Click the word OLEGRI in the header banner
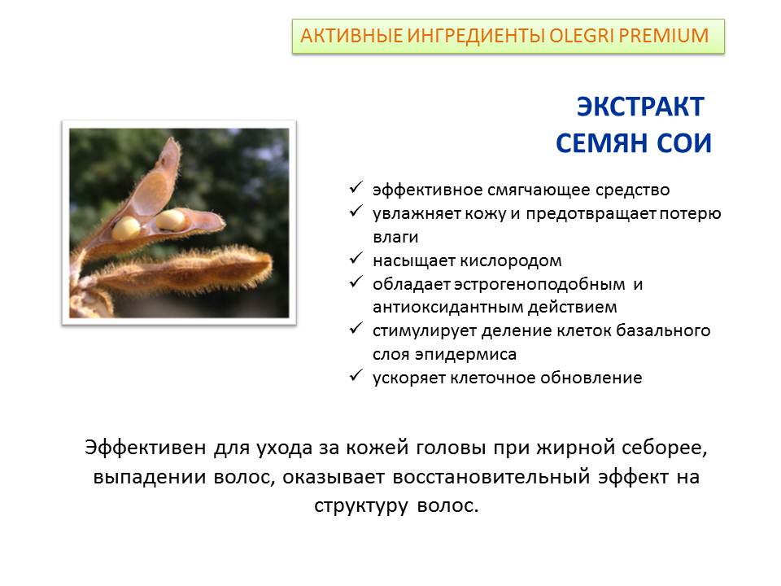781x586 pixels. tap(581, 36)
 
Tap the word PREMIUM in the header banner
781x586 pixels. tap(664, 36)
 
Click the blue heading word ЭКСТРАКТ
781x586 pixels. tap(640, 107)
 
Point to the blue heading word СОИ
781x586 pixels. tap(684, 143)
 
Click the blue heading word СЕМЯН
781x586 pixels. tap(602, 143)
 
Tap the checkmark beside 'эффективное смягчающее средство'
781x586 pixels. tap(356, 187)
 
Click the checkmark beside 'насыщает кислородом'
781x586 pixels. tap(356, 259)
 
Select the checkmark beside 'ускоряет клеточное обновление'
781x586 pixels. tap(356, 376)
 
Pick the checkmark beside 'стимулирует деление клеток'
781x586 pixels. tap(356, 328)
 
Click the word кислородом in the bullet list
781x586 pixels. tap(511, 261)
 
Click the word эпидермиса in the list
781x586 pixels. tap(465, 355)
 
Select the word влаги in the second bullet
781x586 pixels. tap(395, 237)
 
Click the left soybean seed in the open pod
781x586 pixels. tap(126, 228)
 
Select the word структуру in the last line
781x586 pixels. tap(361, 506)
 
